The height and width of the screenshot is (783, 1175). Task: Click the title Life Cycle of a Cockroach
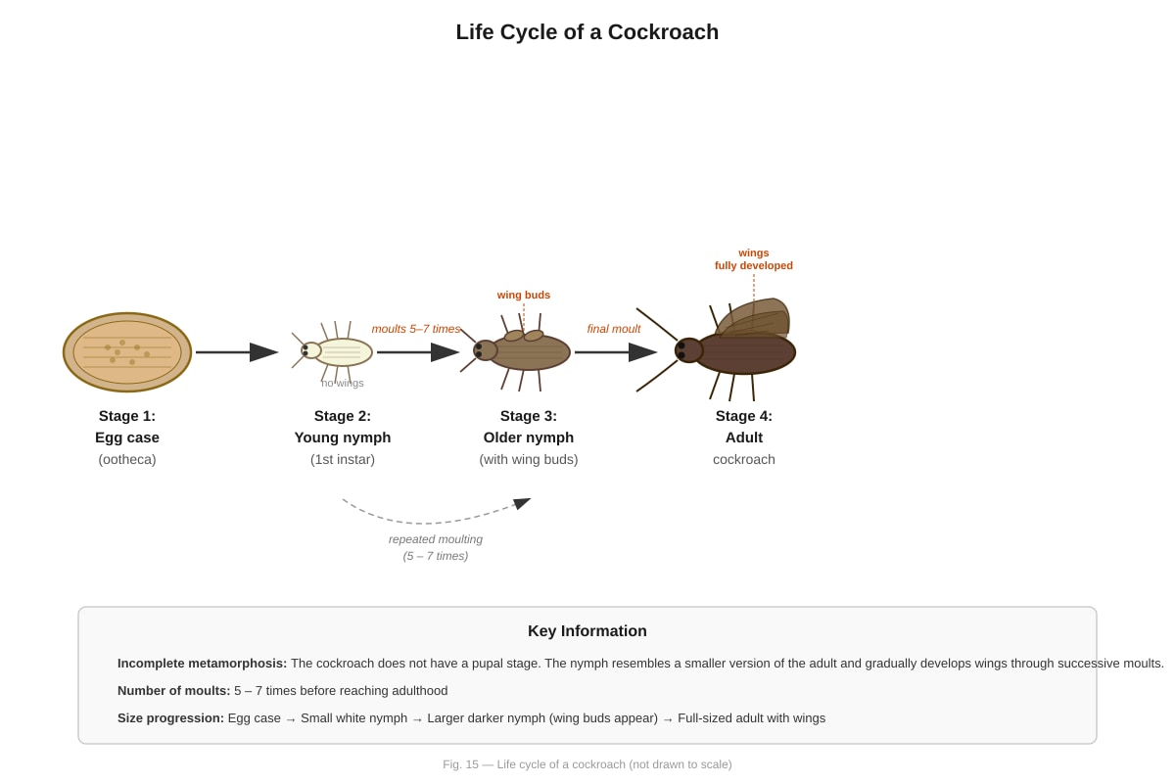587,32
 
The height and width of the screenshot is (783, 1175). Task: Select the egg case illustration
127,352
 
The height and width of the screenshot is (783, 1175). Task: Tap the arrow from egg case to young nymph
237,352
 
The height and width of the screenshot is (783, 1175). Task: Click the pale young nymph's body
343,352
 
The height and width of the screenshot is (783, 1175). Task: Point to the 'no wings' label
342,383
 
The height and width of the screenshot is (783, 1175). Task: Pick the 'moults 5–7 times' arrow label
415,329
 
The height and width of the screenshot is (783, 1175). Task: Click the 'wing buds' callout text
524,295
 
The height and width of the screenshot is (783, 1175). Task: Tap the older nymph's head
486,350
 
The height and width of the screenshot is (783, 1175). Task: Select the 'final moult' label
614,329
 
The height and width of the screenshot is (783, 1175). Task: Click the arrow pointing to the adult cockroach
615,352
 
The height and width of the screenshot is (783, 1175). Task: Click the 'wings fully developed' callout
754,259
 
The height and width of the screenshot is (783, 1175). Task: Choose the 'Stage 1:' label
127,416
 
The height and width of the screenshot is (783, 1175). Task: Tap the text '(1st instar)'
343,459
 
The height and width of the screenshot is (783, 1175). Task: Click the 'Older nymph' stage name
528,438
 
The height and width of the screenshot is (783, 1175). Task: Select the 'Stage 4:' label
744,416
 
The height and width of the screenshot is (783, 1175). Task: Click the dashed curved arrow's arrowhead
522,503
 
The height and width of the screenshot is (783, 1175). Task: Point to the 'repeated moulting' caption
436,539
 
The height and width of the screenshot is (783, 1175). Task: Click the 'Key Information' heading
587,631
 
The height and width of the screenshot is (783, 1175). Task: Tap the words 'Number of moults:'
173,691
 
